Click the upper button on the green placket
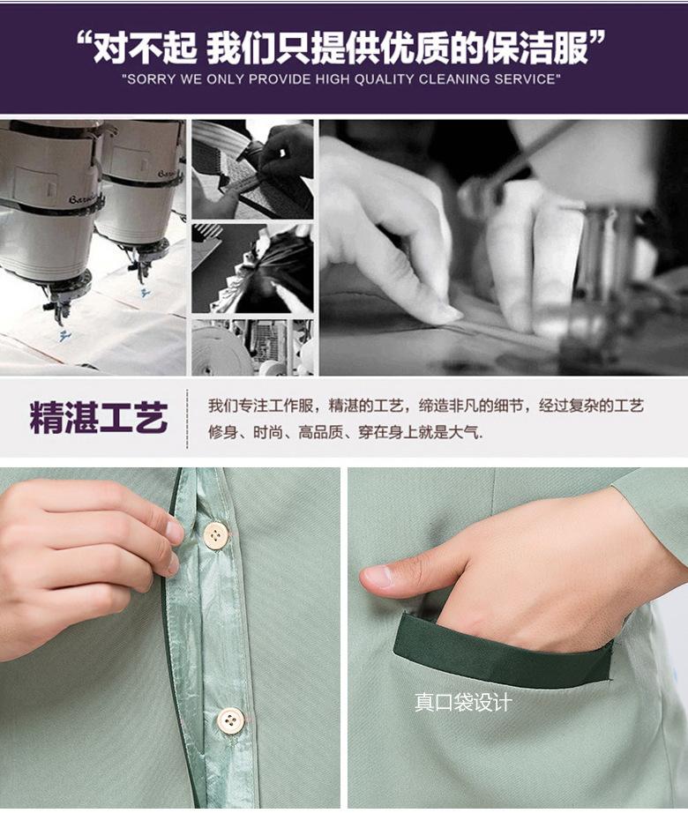[x=216, y=534]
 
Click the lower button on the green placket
[x=230, y=720]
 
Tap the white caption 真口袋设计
[x=463, y=703]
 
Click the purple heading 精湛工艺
[x=99, y=417]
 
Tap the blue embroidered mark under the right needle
[x=145, y=292]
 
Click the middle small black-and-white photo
[x=252, y=268]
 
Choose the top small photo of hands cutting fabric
[x=252, y=169]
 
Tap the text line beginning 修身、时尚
[x=345, y=432]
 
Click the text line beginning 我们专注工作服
[x=426, y=406]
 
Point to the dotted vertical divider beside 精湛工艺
[x=186, y=419]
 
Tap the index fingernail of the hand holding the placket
[x=175, y=531]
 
